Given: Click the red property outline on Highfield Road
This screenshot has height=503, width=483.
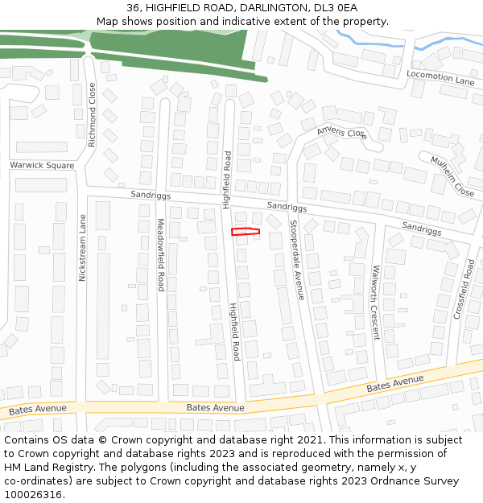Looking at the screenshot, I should pyautogui.click(x=246, y=232).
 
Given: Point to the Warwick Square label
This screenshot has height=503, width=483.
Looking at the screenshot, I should pyautogui.click(x=42, y=166).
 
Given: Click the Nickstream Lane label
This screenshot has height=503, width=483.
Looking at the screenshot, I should pyautogui.click(x=81, y=247).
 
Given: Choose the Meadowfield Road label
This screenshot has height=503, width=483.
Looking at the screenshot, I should pyautogui.click(x=160, y=254).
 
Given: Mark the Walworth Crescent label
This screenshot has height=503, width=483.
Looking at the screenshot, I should pyautogui.click(x=375, y=303).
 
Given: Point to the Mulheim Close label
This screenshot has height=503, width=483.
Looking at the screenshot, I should pyautogui.click(x=452, y=175).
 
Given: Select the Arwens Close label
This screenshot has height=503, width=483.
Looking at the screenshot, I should pyautogui.click(x=342, y=133).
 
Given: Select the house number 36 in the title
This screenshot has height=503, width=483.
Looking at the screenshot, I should pyautogui.click(x=134, y=8).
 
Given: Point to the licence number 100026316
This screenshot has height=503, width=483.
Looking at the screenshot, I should pyautogui.click(x=34, y=495).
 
